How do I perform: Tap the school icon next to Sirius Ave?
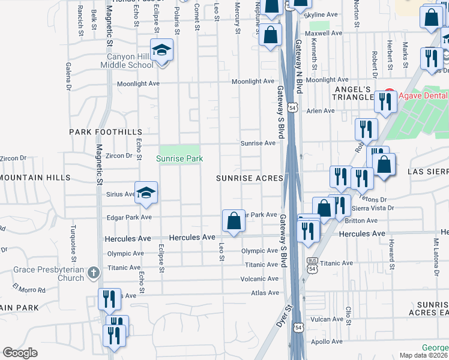[x=145, y=193]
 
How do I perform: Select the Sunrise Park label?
[x=179, y=158]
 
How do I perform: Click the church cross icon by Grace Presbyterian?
[x=93, y=273]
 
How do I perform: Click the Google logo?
[x=20, y=352]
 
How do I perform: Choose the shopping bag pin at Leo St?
[x=233, y=221]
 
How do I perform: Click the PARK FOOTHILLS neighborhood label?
[x=106, y=131]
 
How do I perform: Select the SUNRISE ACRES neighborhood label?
[x=250, y=179]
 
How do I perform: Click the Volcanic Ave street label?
[x=259, y=278]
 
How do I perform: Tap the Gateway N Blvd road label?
[x=298, y=67]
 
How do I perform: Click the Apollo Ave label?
[x=327, y=341]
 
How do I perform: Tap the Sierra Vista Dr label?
[x=373, y=208]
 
